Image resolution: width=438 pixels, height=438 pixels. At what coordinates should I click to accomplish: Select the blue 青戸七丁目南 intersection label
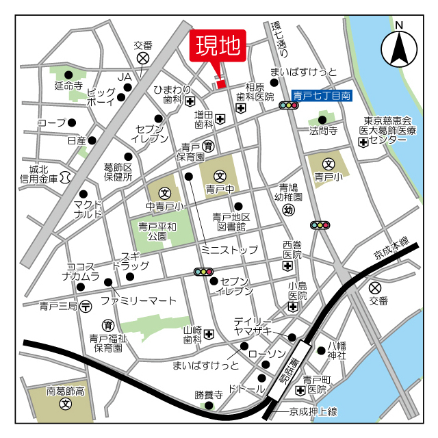click(321, 96)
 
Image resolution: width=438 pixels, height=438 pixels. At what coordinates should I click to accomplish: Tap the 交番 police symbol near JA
click(143, 58)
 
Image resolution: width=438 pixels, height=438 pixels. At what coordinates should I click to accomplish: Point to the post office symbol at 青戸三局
click(85, 306)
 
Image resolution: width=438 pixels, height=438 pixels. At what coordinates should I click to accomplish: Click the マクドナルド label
click(88, 209)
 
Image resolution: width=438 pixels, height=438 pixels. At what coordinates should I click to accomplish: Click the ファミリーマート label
click(139, 300)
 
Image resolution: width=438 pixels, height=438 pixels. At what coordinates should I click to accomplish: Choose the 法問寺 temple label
click(323, 130)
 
